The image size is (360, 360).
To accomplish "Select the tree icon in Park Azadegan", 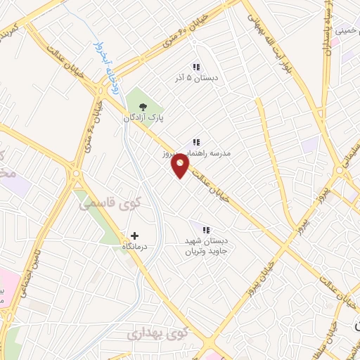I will pyautogui.click(x=143, y=107).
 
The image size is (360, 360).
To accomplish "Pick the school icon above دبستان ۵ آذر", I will pyautogui.click(x=196, y=67).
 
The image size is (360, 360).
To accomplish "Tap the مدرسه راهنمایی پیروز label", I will pyautogui.click(x=215, y=153).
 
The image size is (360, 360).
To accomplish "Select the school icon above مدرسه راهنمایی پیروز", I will pyautogui.click(x=196, y=141).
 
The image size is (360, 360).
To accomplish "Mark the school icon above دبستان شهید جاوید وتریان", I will pyautogui.click(x=206, y=229).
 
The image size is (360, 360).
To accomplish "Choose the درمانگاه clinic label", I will pyautogui.click(x=134, y=247).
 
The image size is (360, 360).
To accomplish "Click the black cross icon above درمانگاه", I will pyautogui.click(x=134, y=235).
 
